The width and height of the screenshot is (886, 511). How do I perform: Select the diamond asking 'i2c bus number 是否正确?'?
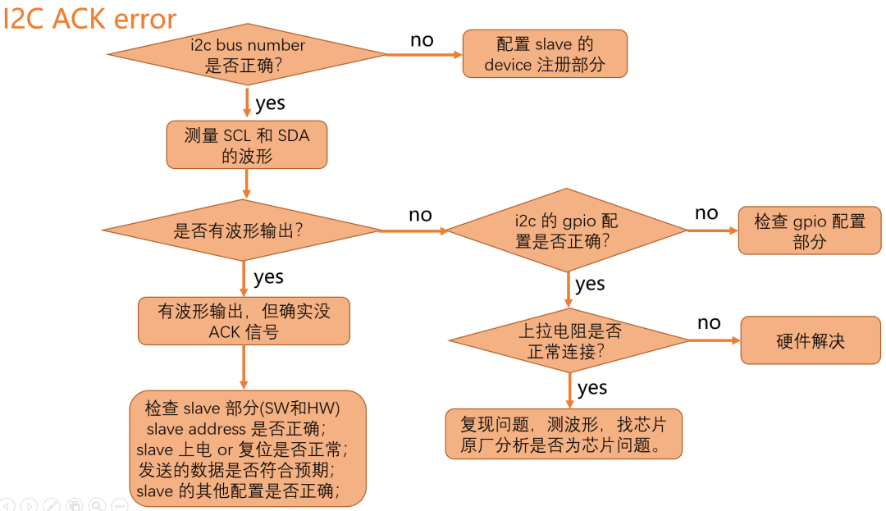pyautogui.click(x=246, y=55)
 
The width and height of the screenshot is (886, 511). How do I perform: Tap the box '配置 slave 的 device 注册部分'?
pyautogui.click(x=545, y=54)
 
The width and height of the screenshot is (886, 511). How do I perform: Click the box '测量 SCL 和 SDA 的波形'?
pyautogui.click(x=246, y=145)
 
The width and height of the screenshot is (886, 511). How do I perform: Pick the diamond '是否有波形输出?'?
pyautogui.click(x=240, y=230)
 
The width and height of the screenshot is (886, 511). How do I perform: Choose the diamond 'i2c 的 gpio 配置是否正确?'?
pyautogui.click(x=567, y=231)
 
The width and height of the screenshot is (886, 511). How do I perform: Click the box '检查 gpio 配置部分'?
pyautogui.click(x=810, y=231)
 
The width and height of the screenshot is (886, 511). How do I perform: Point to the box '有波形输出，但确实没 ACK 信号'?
pyautogui.click(x=244, y=321)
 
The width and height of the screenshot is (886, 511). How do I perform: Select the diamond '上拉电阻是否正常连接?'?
pyautogui.click(x=569, y=341)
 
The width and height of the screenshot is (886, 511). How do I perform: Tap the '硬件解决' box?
pyautogui.click(x=811, y=340)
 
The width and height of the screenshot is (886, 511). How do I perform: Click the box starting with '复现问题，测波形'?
pyautogui.click(x=564, y=434)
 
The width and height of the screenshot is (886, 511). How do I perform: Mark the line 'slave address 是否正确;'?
pyautogui.click(x=236, y=429)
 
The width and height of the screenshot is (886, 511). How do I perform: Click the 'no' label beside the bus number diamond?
pyautogui.click(x=422, y=40)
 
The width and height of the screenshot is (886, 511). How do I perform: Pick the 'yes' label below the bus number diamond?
pyautogui.click(x=270, y=103)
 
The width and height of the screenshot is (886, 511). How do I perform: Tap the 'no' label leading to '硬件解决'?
pyautogui.click(x=709, y=322)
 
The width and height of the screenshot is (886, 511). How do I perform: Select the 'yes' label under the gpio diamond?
pyautogui.click(x=590, y=285)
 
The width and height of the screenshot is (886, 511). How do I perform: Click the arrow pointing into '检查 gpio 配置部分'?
pyautogui.click(x=712, y=230)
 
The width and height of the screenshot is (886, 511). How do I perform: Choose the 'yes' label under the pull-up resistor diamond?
pyautogui.click(x=592, y=388)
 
